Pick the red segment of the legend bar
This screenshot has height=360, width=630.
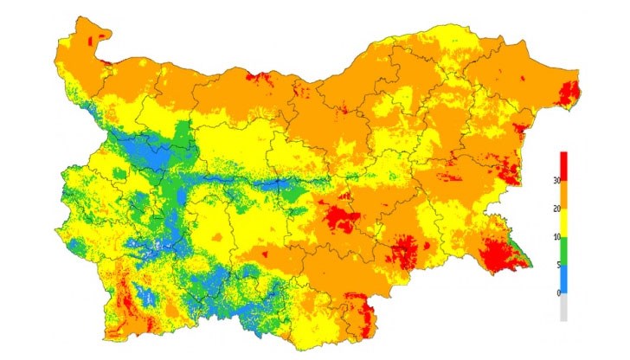tap(564, 165)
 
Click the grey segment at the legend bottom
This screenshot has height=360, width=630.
tap(564, 307)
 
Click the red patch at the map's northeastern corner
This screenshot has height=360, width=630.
tap(569, 93)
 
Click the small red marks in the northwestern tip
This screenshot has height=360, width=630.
tap(99, 36)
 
